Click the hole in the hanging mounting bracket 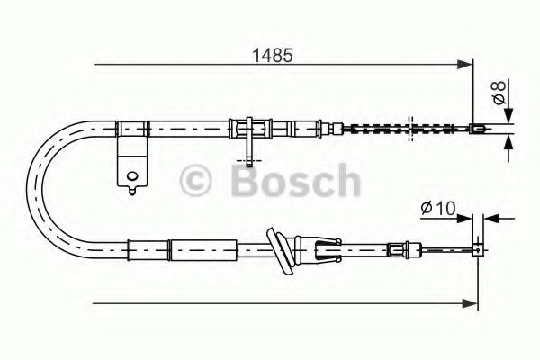132,176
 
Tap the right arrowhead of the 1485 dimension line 467,64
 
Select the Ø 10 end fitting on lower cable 478,244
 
